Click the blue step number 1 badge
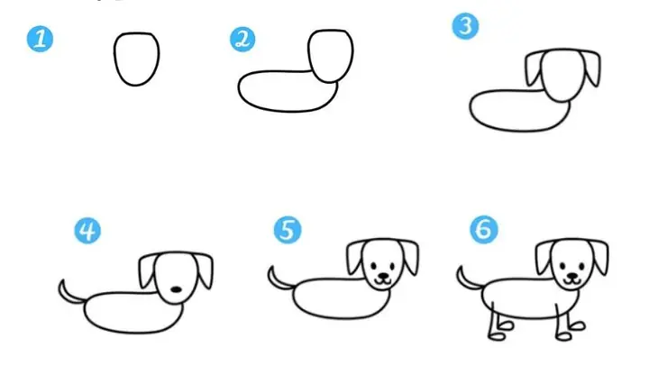pyautogui.click(x=40, y=40)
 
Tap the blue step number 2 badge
pyautogui.click(x=242, y=40)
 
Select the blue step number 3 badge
pyautogui.click(x=465, y=26)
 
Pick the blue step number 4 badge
pyautogui.click(x=87, y=231)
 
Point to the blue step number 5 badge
pyautogui.click(x=288, y=230)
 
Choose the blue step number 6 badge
pyautogui.click(x=484, y=229)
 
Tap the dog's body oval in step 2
pyautogui.click(x=239, y=89)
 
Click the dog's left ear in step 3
pyautogui.click(x=533, y=69)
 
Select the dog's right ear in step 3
pyautogui.click(x=592, y=69)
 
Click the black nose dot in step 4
pyautogui.click(x=177, y=289)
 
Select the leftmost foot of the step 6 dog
pyautogui.click(x=497, y=337)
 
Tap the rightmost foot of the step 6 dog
pyautogui.click(x=577, y=326)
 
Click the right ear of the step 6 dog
pyautogui.click(x=600, y=257)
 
